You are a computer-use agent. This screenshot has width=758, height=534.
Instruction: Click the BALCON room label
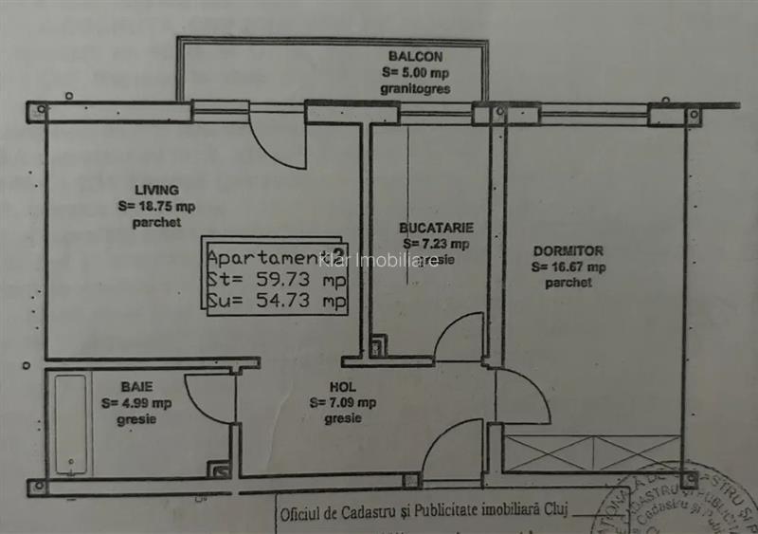pyautogui.click(x=415, y=57)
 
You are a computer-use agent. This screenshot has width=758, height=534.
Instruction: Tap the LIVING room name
pyautogui.click(x=156, y=190)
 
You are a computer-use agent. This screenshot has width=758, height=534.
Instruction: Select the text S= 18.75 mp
pyautogui.click(x=156, y=206)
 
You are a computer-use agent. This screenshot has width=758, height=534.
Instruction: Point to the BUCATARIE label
pyautogui.click(x=436, y=229)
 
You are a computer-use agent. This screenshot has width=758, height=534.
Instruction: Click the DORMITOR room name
pyautogui.click(x=568, y=251)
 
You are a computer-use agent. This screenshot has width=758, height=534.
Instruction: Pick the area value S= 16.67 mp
pyautogui.click(x=568, y=267)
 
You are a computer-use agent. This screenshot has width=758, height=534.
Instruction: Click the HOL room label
pyautogui.click(x=342, y=387)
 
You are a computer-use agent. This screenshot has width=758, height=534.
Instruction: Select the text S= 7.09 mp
pyautogui.click(x=342, y=402)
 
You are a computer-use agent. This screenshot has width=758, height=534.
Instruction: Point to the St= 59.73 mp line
pyautogui.click(x=276, y=280)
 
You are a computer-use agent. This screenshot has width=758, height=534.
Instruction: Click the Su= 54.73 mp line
pyautogui.click(x=276, y=302)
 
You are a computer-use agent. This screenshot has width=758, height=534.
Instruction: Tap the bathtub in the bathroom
pyautogui.click(x=71, y=424)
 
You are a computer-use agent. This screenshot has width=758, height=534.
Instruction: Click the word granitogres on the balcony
pyautogui.click(x=415, y=88)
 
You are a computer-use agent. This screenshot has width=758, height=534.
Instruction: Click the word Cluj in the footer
pyautogui.click(x=555, y=513)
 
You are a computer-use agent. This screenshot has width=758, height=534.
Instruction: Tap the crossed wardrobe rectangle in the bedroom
pyautogui.click(x=591, y=452)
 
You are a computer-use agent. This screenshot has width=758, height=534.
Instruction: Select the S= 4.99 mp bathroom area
pyautogui.click(x=136, y=402)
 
